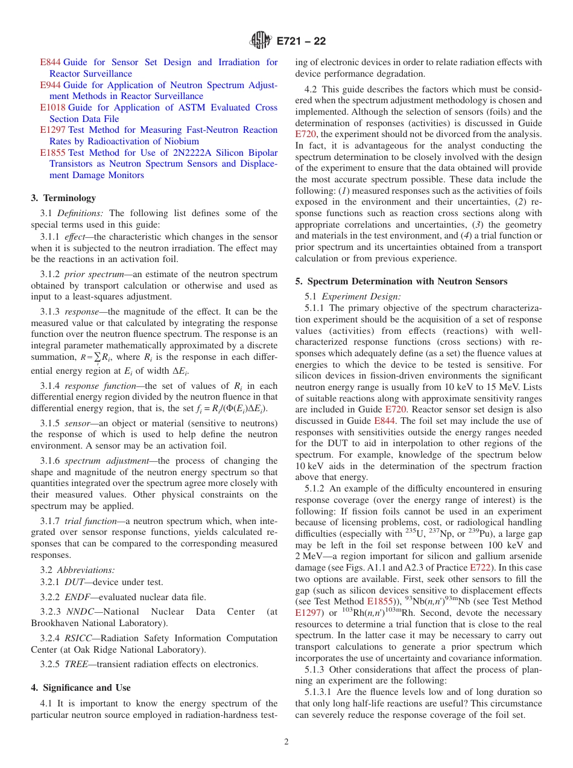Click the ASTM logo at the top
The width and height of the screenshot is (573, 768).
261,42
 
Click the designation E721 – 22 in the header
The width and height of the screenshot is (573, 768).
301,42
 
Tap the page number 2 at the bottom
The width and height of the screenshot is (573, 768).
286,742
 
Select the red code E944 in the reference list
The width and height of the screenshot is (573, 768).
50,85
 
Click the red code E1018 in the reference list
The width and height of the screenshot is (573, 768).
52,107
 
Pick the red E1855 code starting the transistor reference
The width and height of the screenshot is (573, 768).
52,153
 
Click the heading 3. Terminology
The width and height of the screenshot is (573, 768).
63,198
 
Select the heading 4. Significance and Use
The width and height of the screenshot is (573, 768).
81,688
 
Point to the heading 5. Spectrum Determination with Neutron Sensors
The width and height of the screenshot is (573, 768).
401,281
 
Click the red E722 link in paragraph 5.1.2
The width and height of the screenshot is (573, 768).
478,568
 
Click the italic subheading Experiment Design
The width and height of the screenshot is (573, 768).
361,296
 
